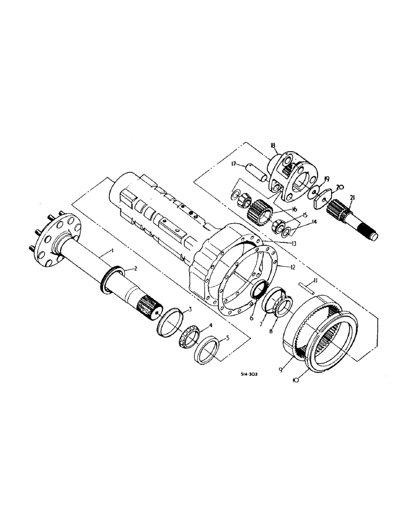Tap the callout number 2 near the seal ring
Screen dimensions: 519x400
(135, 269)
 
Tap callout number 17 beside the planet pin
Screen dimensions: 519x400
(235, 165)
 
